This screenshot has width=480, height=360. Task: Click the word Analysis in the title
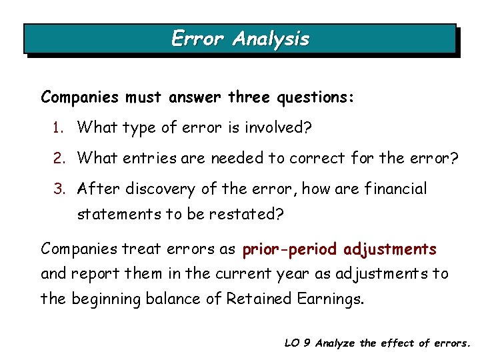pyautogui.click(x=271, y=39)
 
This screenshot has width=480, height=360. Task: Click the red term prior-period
pyautogui.click(x=290, y=249)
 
